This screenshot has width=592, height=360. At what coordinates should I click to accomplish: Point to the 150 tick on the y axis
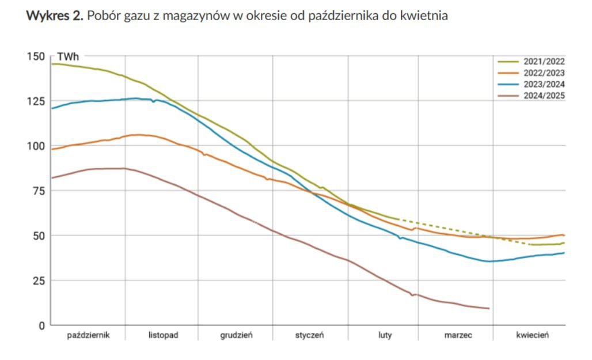(x=35, y=56)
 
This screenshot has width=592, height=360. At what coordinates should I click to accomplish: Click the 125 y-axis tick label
(x=35, y=101)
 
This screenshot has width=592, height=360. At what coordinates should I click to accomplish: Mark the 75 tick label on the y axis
(x=37, y=191)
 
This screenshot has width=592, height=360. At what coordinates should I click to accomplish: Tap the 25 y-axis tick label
(x=37, y=281)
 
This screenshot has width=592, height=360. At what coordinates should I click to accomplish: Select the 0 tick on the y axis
(x=41, y=325)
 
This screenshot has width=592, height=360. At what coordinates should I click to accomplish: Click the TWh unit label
(x=68, y=58)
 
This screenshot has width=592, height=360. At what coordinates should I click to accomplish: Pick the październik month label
(x=88, y=335)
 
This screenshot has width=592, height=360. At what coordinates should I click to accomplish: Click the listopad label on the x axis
(x=162, y=335)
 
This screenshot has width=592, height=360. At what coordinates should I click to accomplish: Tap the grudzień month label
(x=236, y=335)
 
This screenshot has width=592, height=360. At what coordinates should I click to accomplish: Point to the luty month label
(x=385, y=335)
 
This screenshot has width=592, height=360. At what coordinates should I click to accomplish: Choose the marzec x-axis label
(x=458, y=335)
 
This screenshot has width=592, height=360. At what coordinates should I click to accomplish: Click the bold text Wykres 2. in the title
(x=55, y=16)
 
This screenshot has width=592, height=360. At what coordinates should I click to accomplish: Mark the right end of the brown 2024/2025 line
(x=489, y=309)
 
